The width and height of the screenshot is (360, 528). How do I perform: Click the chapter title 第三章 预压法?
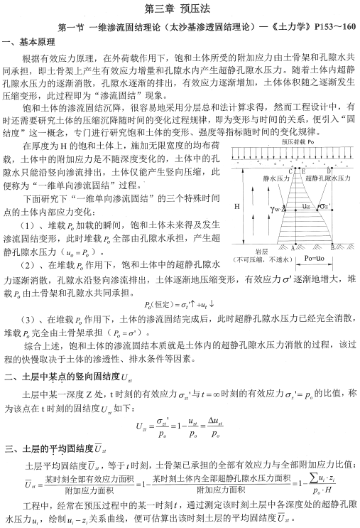pyautogui.click(x=180, y=9)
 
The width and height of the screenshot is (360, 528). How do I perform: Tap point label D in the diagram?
pyautogui.click(x=330, y=171)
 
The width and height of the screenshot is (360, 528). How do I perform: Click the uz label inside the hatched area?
pyautogui.click(x=306, y=206)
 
